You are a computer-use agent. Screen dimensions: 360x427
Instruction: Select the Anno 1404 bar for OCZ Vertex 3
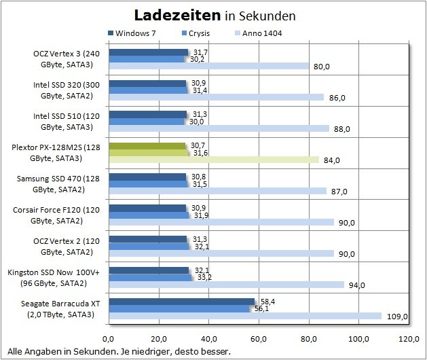click(208, 67)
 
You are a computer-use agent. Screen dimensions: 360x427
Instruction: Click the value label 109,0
click(396, 317)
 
